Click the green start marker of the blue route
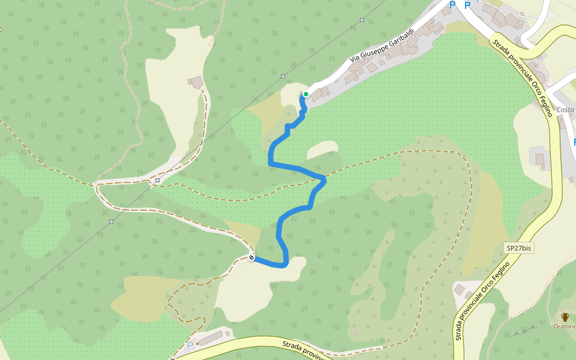pos(305,94)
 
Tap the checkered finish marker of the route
pos(252,258)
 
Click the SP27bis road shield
pos(519,248)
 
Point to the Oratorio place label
pos(564,326)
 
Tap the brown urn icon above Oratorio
pos(565,316)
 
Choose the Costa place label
pos(565,110)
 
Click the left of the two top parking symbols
pos(452,5)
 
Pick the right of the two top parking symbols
pos(467,5)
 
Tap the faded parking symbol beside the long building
pos(190,346)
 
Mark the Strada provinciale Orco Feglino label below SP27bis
pos(483,300)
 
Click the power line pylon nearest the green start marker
pos(283,77)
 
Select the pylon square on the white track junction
pos(157,180)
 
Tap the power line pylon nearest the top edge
pos(362,20)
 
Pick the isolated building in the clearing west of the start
pos(196,82)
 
